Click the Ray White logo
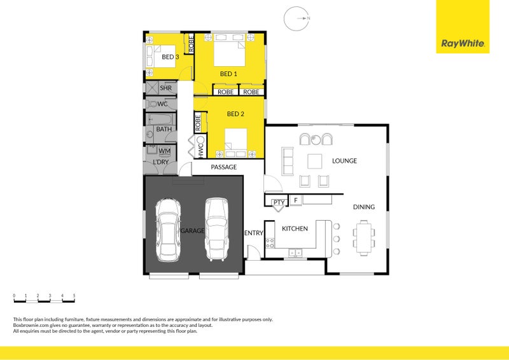tap(463, 44)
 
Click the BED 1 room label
tap(228, 74)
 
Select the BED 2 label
tap(235, 114)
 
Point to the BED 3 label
tap(170, 57)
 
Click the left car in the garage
tap(169, 230)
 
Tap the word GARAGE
tap(192, 230)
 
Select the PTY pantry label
tap(278, 203)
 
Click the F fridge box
tap(295, 201)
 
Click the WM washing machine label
tap(164, 151)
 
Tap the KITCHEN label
tap(295, 228)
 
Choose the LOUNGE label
tap(344, 161)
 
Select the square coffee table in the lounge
tap(315, 161)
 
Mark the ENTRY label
tap(254, 233)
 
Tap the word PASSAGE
tap(223, 167)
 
